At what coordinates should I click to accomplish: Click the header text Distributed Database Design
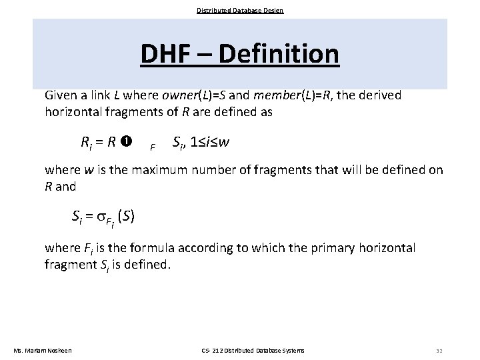point(240,10)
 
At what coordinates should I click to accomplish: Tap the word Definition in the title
point(279,54)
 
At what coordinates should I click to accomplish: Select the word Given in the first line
point(61,95)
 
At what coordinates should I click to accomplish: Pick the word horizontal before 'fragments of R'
point(75,112)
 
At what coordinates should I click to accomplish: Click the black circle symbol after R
point(127,141)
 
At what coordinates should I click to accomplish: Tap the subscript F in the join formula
point(153,147)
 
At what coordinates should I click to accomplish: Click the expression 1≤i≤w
point(211,141)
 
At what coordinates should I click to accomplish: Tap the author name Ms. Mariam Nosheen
point(43,350)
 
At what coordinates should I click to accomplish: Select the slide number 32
point(439,350)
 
